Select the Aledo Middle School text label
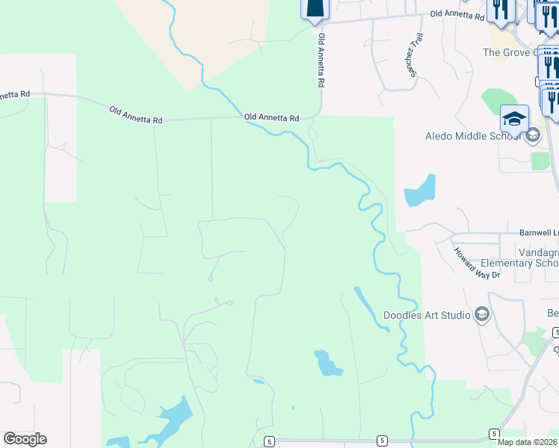tap(473, 136)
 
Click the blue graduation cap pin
tap(515, 119)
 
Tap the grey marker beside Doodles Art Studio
tap(481, 314)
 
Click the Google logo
tap(25, 439)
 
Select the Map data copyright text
tap(528, 442)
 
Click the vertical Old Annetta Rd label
tap(321, 60)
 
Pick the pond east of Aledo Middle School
tap(419, 190)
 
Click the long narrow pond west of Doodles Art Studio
tap(369, 305)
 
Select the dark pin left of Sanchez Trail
tap(315, 7)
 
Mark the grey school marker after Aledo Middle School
tap(533, 136)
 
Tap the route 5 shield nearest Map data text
tap(494, 433)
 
